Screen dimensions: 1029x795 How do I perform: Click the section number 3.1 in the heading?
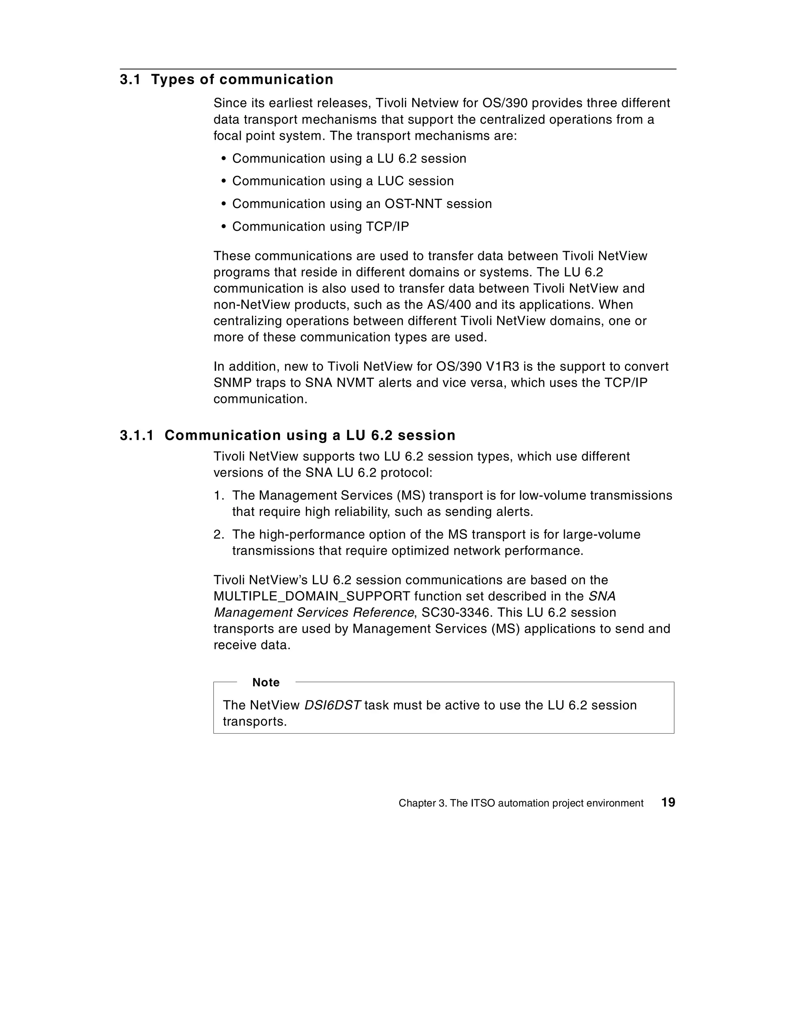pos(130,80)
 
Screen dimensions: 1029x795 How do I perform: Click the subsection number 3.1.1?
pos(137,436)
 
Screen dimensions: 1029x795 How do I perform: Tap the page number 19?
pos(668,802)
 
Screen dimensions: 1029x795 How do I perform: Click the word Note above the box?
pos(266,682)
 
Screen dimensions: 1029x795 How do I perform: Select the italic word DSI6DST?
pos(332,705)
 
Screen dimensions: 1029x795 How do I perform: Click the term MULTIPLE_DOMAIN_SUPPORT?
pos(311,597)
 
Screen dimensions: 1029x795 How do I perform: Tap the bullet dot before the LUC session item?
pos(224,181)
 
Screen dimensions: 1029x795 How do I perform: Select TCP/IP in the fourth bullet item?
pos(387,227)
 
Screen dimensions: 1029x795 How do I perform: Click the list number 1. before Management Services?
pos(219,496)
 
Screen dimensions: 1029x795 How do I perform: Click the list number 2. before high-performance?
pos(219,535)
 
